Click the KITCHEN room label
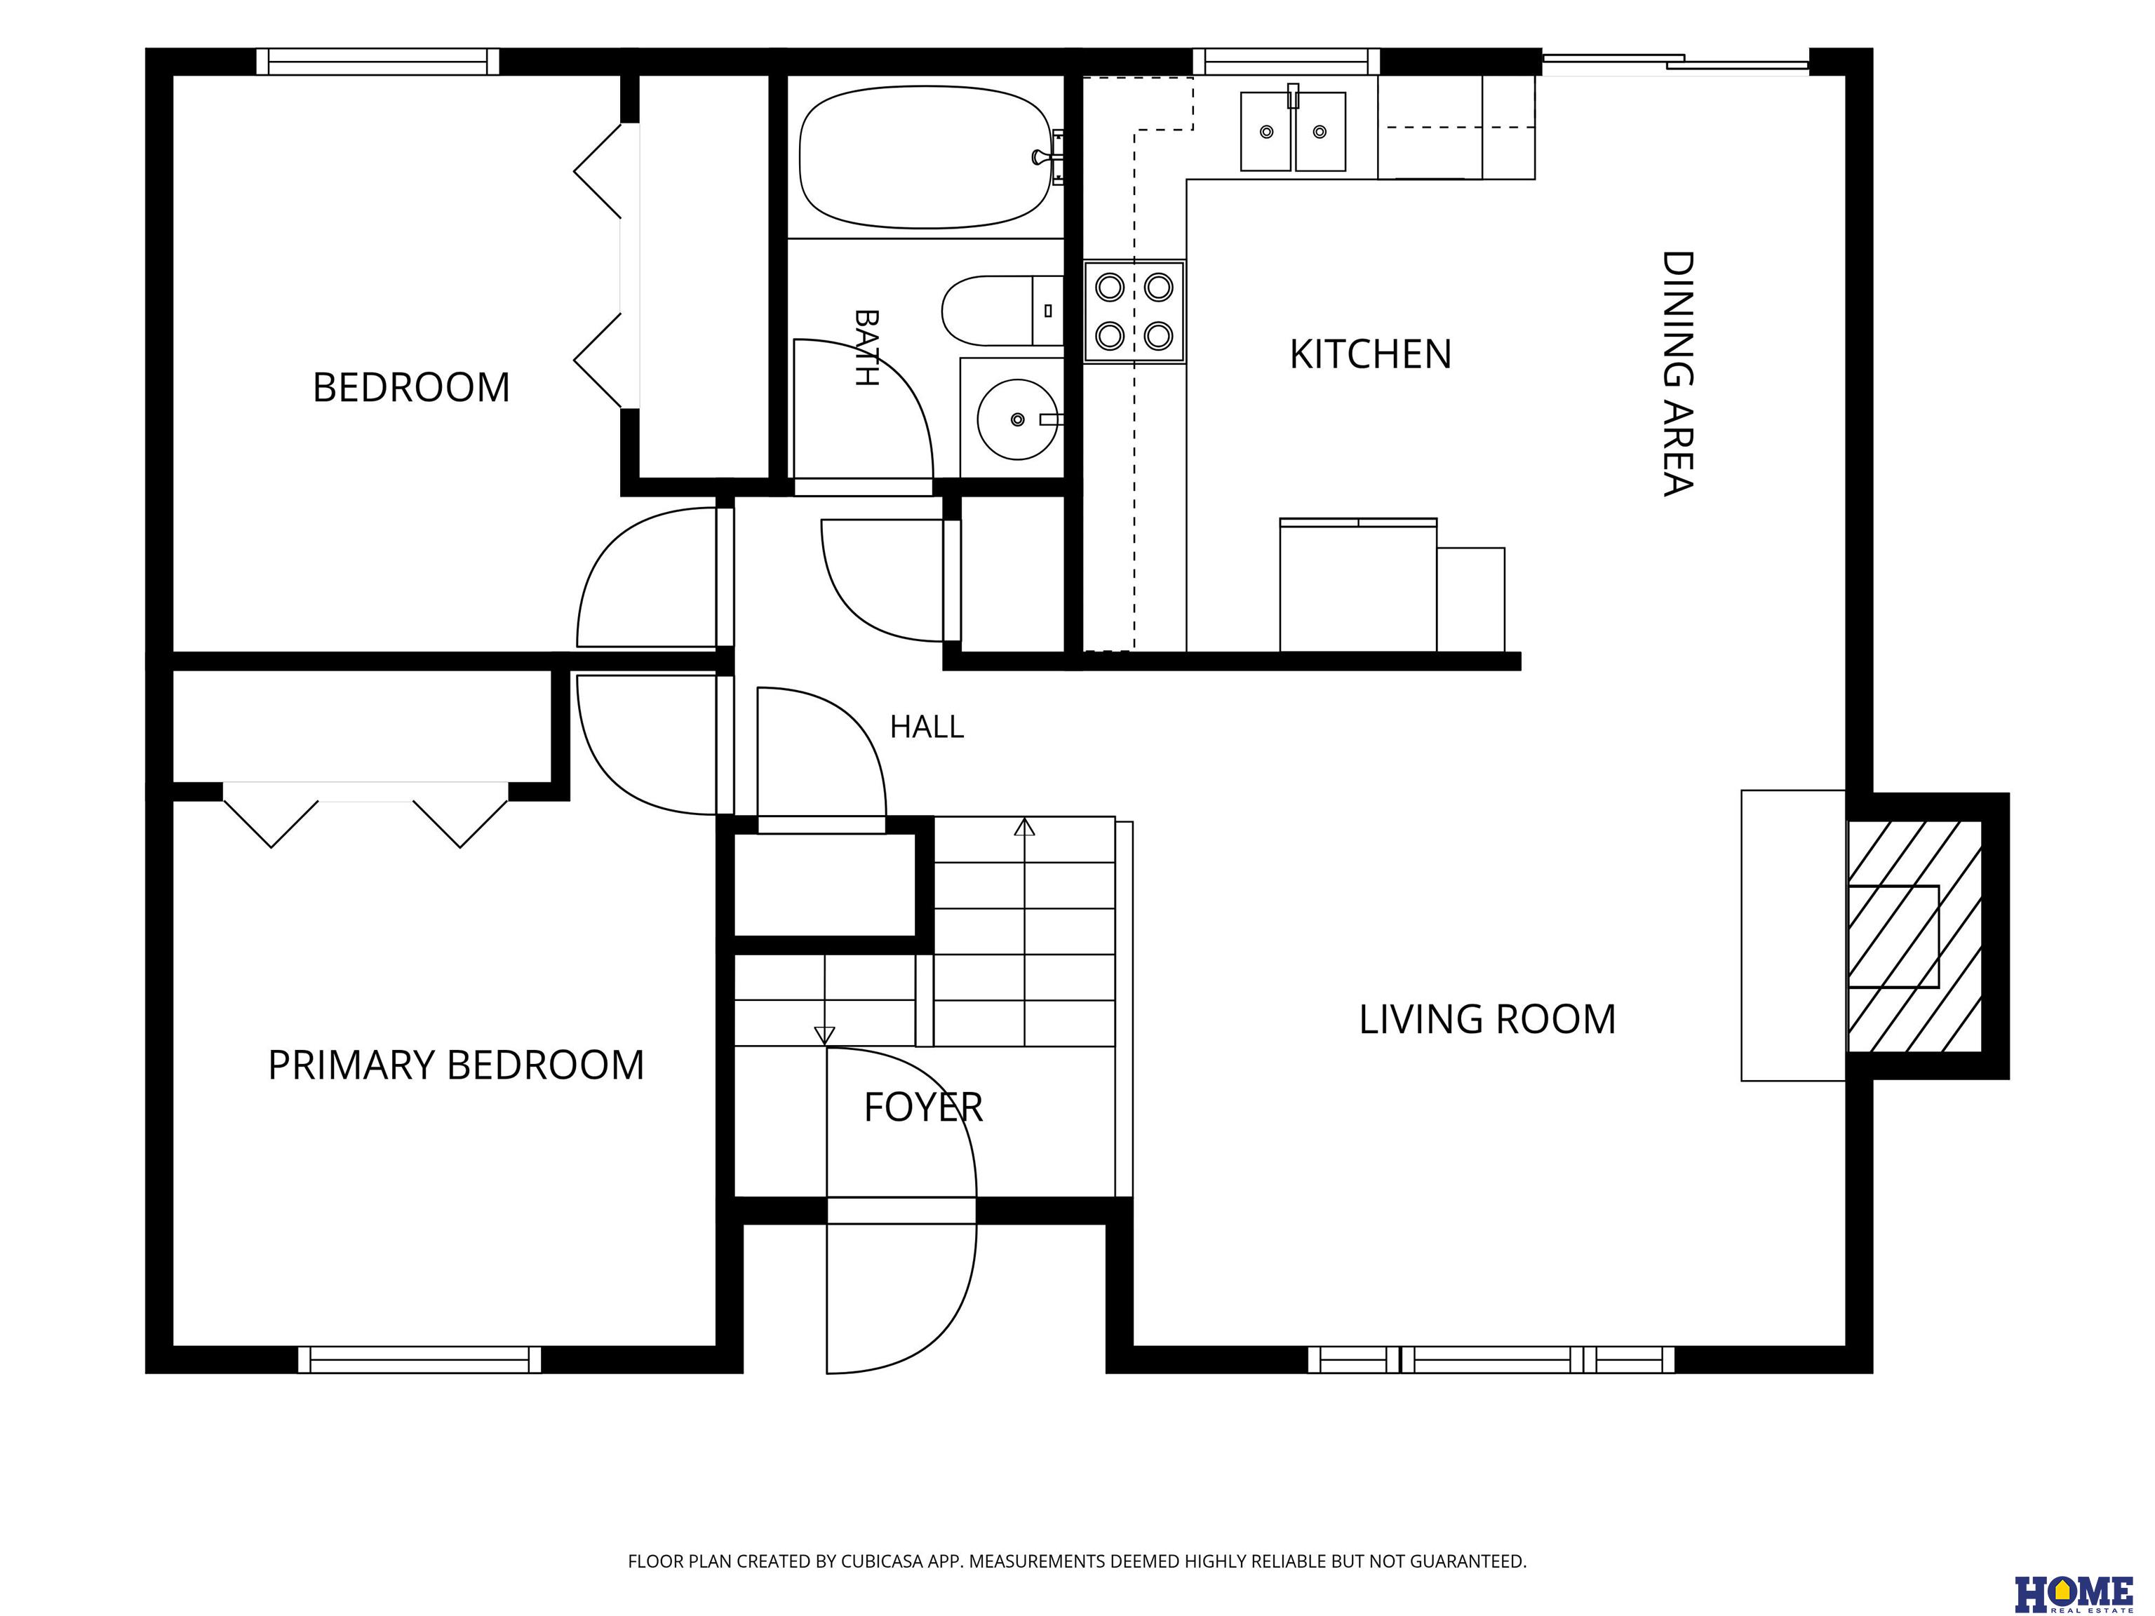coord(1370,355)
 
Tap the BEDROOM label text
coord(411,388)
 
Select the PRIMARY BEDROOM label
coord(456,1065)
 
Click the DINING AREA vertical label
coord(1677,374)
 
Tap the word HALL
coord(927,727)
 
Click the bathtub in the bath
coord(925,157)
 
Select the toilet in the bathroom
coord(1002,311)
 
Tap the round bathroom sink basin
coord(1017,419)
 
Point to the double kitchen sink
coord(1293,130)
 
